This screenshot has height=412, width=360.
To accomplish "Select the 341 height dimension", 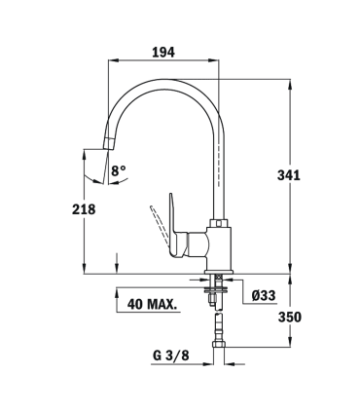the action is (x=290, y=175).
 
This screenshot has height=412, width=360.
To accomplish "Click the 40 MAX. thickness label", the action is (x=151, y=304).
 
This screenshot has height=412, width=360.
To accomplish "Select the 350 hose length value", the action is (x=290, y=318).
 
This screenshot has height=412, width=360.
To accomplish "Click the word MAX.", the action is (x=161, y=304).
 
